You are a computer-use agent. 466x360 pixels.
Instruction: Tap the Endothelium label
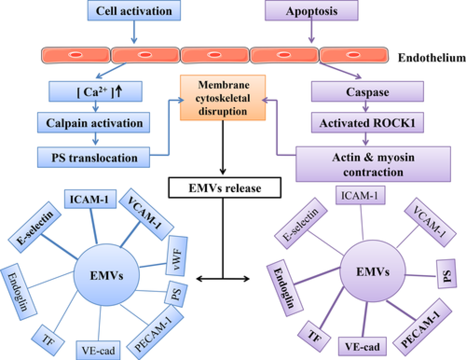[x=432, y=58]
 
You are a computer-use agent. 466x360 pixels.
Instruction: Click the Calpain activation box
[x=95, y=124]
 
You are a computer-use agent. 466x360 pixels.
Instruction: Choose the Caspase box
[x=368, y=91]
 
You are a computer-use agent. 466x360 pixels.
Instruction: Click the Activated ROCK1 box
[x=367, y=124]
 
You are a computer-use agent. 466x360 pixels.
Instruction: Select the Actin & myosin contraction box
[x=373, y=164]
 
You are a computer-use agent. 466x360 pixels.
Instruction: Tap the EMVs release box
[x=225, y=189]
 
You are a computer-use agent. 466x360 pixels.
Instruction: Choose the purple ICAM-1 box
[x=361, y=194]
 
